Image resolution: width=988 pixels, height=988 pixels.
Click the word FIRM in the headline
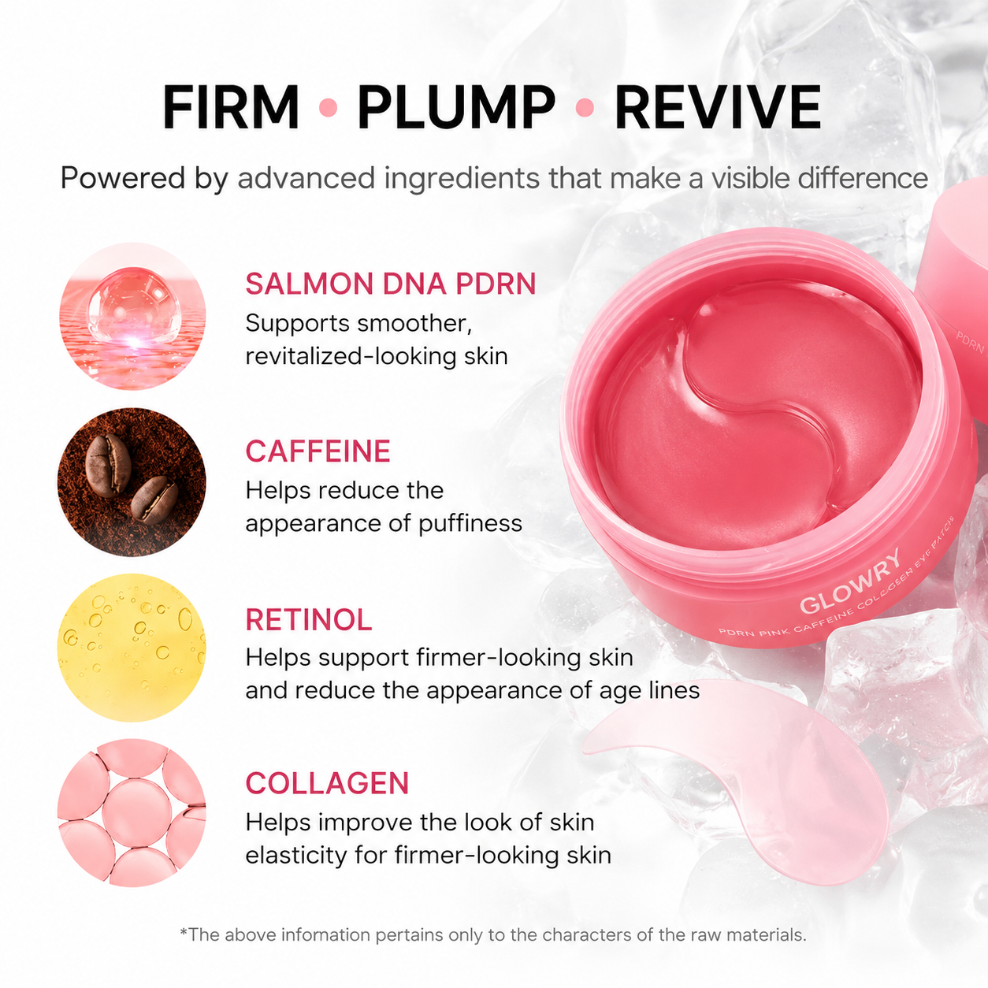click(x=231, y=106)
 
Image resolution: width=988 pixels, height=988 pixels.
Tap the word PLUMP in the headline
click(x=456, y=106)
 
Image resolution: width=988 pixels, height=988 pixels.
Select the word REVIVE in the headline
click(x=718, y=106)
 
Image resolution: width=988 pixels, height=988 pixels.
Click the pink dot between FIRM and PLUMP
click(x=328, y=107)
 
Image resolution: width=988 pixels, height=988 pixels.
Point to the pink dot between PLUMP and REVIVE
click(x=585, y=107)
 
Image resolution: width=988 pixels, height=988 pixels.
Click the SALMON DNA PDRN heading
click(x=390, y=284)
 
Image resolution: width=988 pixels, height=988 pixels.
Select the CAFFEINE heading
click(x=318, y=451)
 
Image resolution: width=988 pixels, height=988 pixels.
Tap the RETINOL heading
click(x=309, y=619)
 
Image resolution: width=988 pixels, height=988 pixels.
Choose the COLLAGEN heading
click(x=327, y=783)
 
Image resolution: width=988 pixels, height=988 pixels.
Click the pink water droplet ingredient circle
click(x=132, y=316)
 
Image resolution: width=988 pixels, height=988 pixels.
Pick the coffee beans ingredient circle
click(x=132, y=482)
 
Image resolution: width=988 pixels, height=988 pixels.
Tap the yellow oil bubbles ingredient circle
click(x=132, y=648)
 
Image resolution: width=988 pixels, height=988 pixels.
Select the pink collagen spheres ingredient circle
click(x=132, y=813)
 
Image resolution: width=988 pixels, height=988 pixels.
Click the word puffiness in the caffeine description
click(x=470, y=524)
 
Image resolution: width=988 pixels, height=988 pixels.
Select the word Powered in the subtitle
click(x=123, y=178)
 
